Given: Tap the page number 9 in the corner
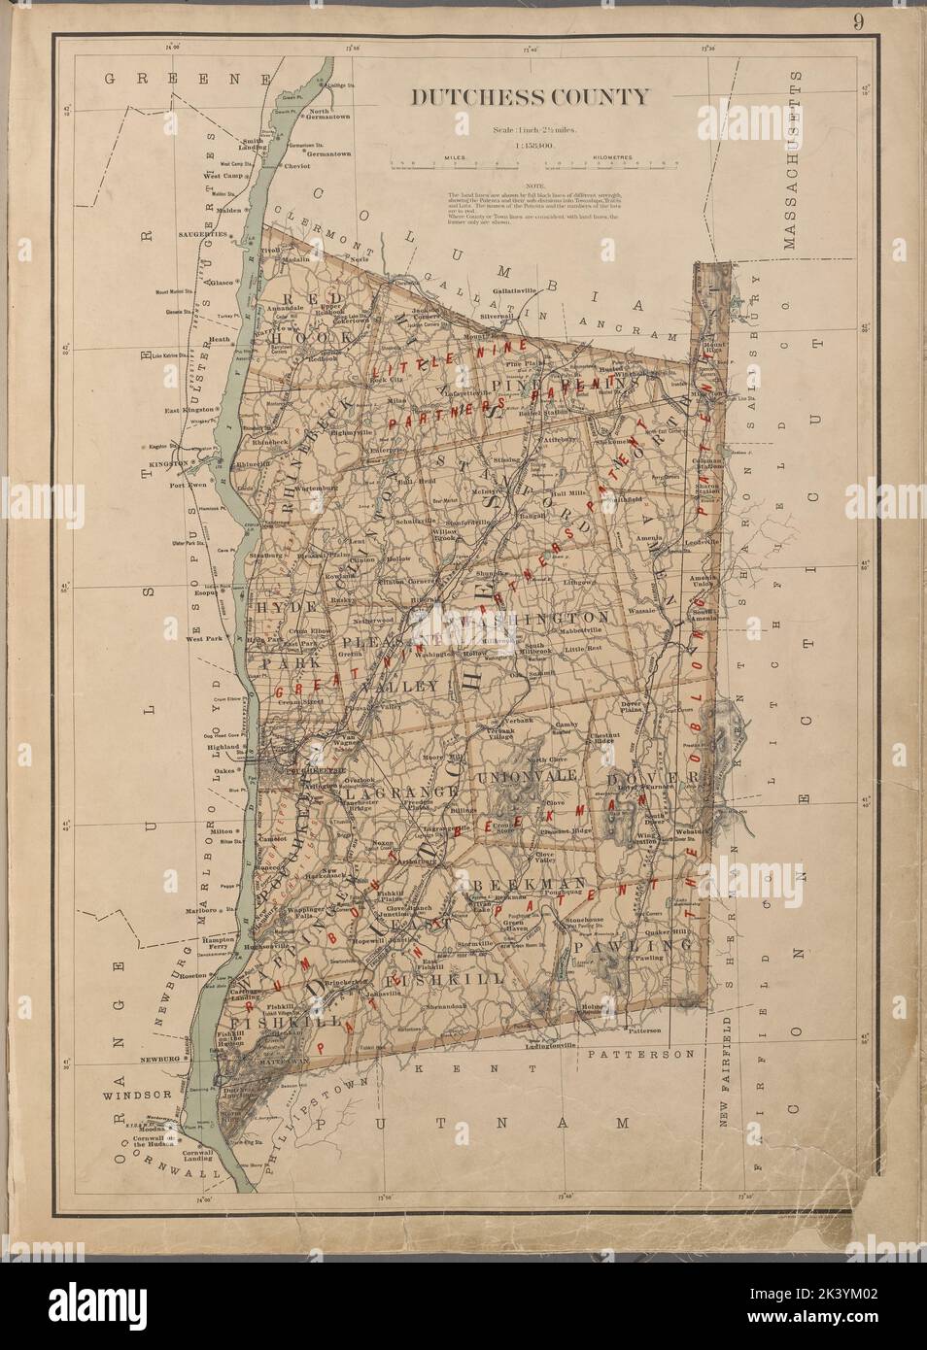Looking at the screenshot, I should (859, 21).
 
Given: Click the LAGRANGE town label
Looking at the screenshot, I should (398, 793).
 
